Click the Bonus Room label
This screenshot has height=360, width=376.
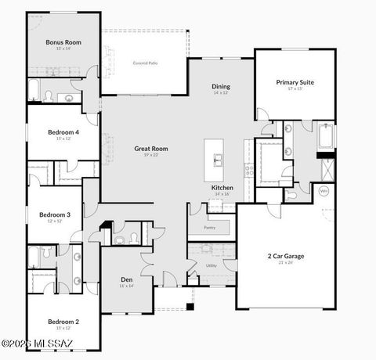(x=63, y=42)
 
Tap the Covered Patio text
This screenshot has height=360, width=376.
(x=145, y=62)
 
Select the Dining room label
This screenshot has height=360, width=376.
(x=221, y=86)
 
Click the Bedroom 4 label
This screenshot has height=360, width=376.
(x=63, y=132)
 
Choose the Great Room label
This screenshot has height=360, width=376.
(x=151, y=148)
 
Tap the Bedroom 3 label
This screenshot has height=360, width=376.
(x=55, y=214)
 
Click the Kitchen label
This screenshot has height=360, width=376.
(x=222, y=188)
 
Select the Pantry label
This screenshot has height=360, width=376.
(x=209, y=228)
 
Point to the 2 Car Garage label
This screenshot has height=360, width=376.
(x=285, y=256)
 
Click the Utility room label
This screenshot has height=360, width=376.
(x=211, y=265)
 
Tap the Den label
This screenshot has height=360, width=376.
(x=126, y=279)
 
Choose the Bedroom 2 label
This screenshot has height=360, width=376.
(x=63, y=321)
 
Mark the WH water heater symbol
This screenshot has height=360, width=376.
(x=323, y=190)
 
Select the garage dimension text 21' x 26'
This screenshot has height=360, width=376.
(x=285, y=263)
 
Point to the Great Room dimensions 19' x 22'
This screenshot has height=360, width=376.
(x=151, y=155)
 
